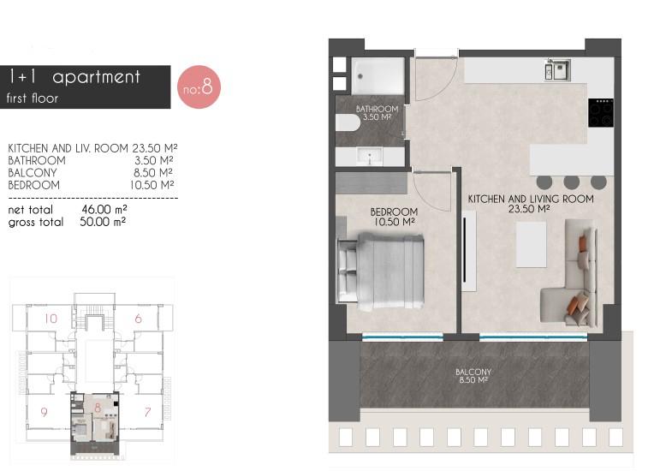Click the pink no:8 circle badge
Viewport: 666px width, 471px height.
[199, 87]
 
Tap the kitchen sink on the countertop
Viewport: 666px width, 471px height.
[557, 69]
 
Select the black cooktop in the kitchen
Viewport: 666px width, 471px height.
[601, 113]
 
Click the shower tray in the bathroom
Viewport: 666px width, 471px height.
[378, 76]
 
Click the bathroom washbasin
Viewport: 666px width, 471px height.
[370, 157]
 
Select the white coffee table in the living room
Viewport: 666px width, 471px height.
[531, 244]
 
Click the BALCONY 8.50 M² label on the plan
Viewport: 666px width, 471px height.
[473, 376]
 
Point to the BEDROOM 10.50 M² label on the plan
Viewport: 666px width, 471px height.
[394, 217]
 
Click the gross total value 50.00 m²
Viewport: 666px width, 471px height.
[103, 222]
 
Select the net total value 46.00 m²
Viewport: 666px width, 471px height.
[104, 209]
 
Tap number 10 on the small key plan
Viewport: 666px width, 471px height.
[51, 319]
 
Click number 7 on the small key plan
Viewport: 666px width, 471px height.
[147, 412]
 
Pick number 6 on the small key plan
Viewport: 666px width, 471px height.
[138, 319]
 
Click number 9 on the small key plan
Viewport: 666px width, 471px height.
[44, 412]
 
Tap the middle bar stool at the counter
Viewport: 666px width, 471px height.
[571, 182]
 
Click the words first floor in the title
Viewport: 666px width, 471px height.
[33, 98]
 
